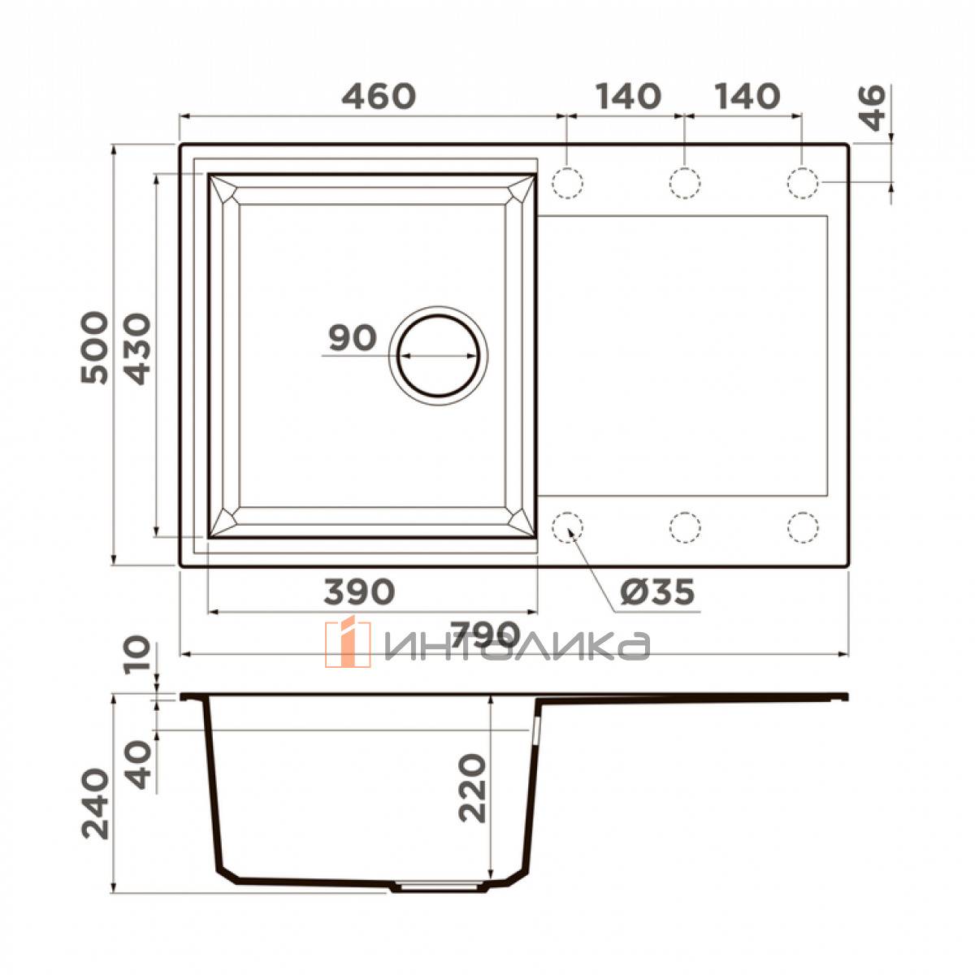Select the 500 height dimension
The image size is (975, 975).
pyautogui.click(x=94, y=348)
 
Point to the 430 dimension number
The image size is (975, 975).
pyautogui.click(x=137, y=349)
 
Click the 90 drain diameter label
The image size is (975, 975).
pyautogui.click(x=353, y=337)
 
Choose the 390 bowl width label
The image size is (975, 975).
pyautogui.click(x=359, y=591)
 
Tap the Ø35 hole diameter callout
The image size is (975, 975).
pyautogui.click(x=657, y=591)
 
